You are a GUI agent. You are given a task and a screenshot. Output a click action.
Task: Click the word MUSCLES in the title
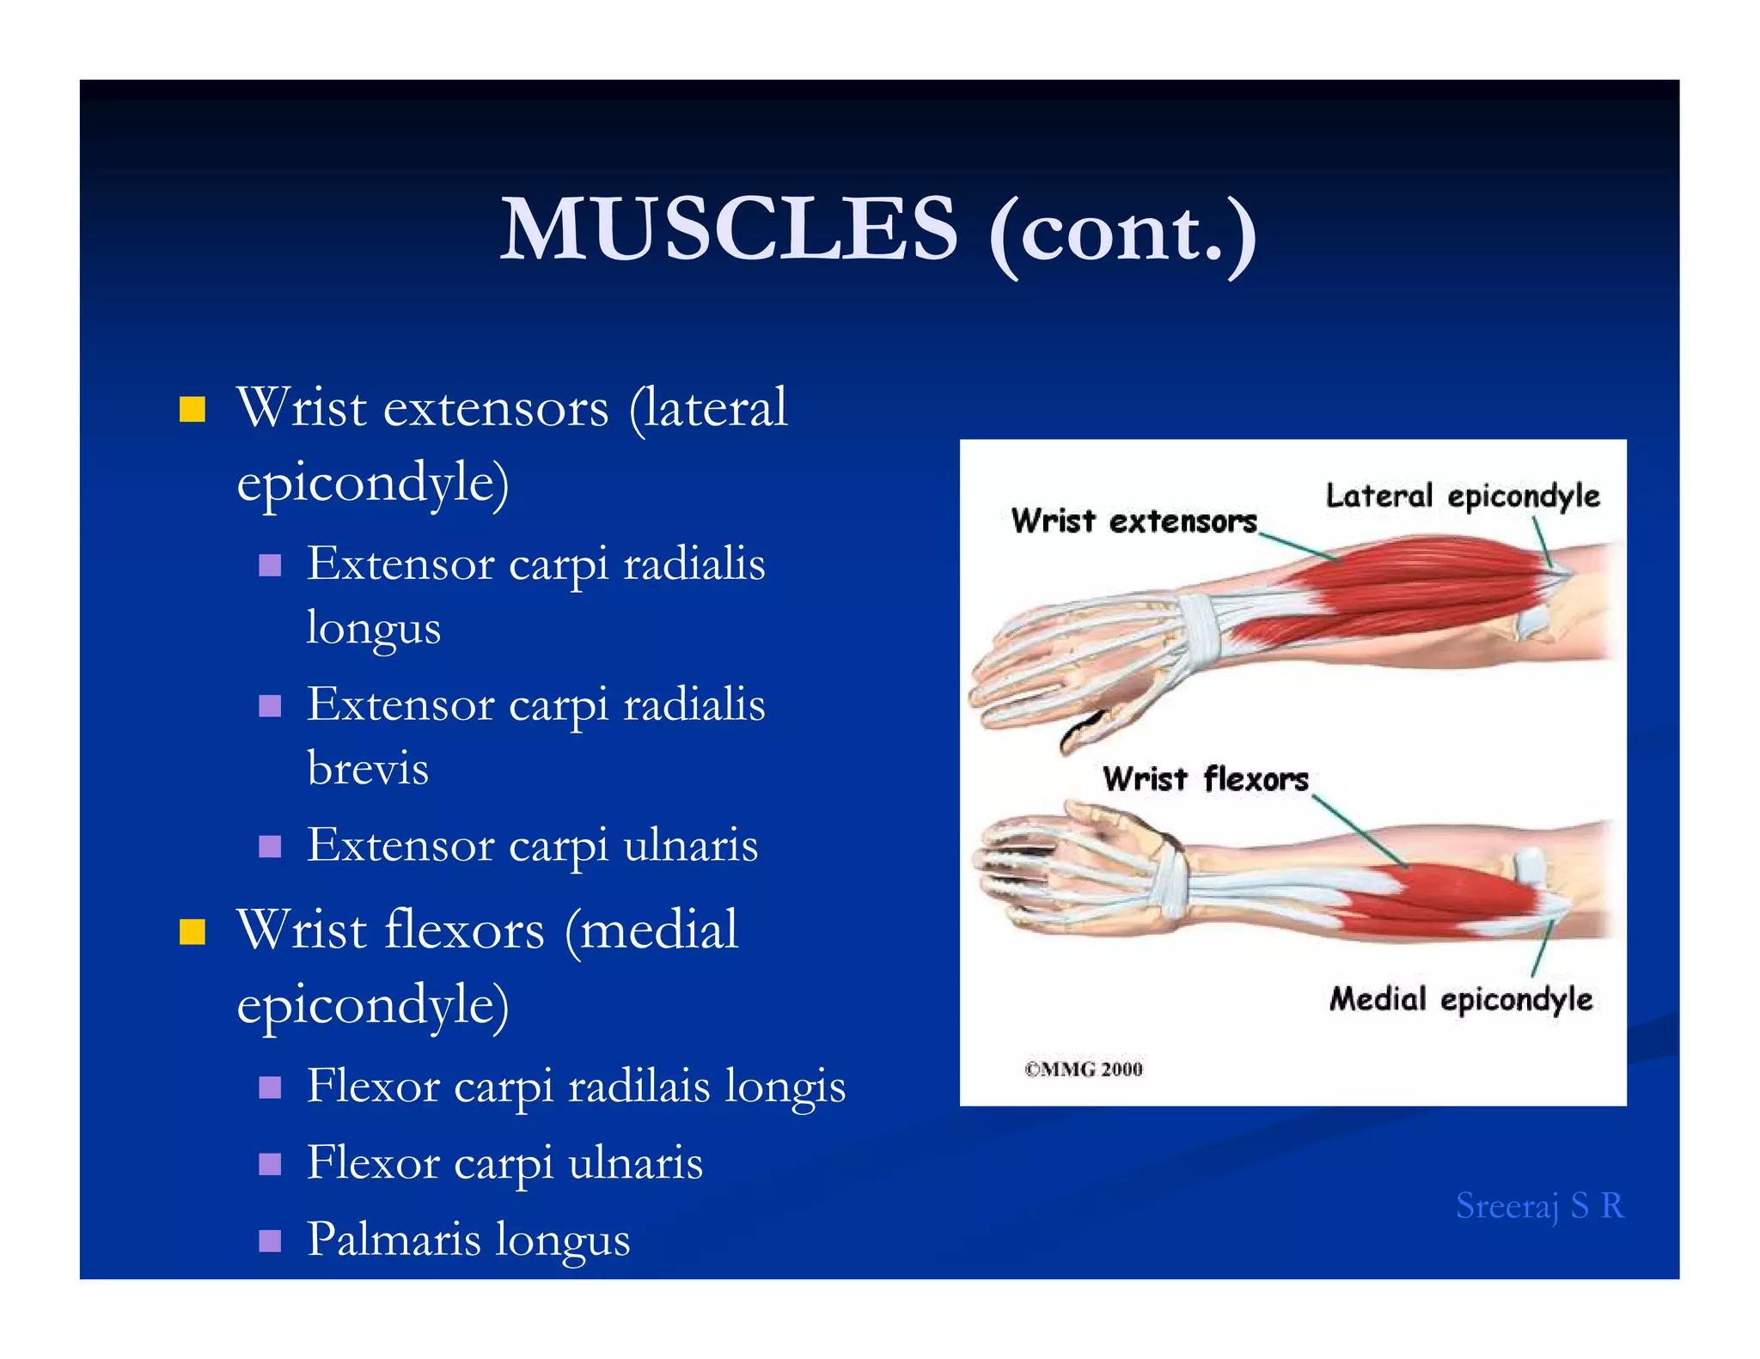pyautogui.click(x=728, y=229)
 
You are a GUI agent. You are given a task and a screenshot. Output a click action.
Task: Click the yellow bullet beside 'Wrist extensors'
pyautogui.click(x=192, y=409)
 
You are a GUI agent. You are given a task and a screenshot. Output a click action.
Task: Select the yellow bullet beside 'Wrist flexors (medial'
pyautogui.click(x=192, y=931)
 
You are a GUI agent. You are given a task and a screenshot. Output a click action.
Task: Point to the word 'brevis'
pyautogui.click(x=367, y=768)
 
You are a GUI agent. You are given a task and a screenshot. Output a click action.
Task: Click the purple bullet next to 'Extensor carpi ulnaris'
pyautogui.click(x=270, y=846)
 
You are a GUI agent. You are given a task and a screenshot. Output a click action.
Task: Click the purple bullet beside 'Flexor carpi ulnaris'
pyautogui.click(x=270, y=1164)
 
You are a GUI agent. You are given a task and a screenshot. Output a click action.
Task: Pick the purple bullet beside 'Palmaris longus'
pyautogui.click(x=270, y=1240)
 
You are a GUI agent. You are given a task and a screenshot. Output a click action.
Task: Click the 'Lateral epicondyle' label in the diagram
pyautogui.click(x=1462, y=497)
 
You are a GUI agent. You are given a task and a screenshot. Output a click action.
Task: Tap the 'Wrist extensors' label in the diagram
pyautogui.click(x=1134, y=521)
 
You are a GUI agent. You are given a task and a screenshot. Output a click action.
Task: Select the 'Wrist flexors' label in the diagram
pyautogui.click(x=1205, y=779)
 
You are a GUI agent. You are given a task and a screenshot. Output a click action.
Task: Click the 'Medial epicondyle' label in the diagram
pyautogui.click(x=1460, y=999)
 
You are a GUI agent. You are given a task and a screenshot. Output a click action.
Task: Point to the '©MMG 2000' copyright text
pyautogui.click(x=1083, y=1070)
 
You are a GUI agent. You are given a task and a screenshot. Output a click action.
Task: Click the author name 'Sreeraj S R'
pyautogui.click(x=1538, y=1206)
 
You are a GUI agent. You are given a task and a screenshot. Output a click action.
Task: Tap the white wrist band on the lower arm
pyautogui.click(x=1170, y=885)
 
